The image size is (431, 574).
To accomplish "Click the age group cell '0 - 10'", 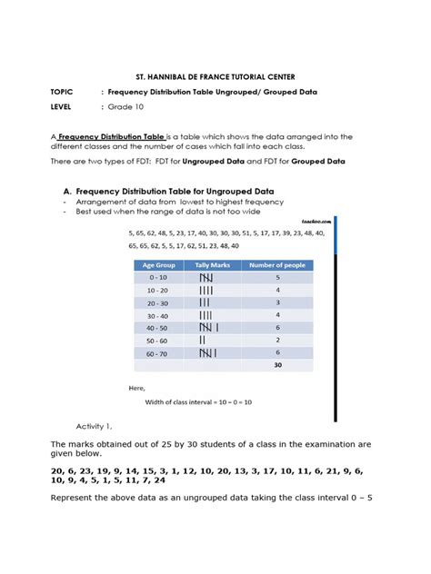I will (x=158, y=278).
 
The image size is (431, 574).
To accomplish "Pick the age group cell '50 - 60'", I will (x=158, y=340).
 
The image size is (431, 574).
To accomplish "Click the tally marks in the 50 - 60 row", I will (x=202, y=340).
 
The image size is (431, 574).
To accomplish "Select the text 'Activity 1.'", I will (x=95, y=426).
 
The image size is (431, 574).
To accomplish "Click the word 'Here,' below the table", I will (x=136, y=389).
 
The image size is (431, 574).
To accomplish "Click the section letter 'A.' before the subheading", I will (x=67, y=192).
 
